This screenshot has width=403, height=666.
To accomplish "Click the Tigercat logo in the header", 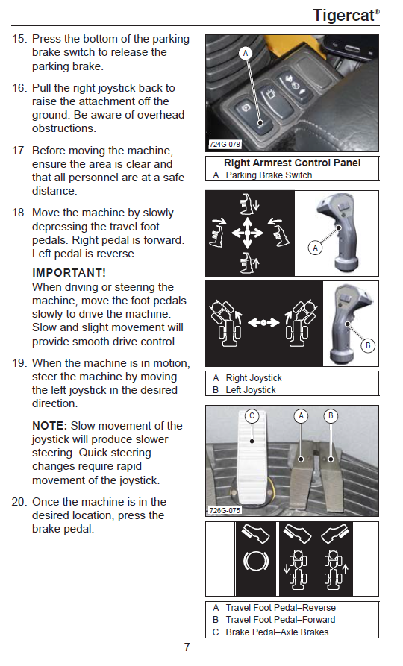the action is (x=346, y=16).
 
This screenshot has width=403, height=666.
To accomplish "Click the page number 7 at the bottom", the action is (x=187, y=647).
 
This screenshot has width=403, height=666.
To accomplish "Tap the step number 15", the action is (x=19, y=39).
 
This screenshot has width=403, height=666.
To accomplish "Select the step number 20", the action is (x=19, y=502).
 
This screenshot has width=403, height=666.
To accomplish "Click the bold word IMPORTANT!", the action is (x=69, y=273).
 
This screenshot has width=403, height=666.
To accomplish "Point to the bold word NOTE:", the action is (x=50, y=426).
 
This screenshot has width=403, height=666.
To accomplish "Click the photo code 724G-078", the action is (x=225, y=145).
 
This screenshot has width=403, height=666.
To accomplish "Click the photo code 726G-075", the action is (x=225, y=510).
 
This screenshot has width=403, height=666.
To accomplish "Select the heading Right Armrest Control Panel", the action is (x=292, y=163).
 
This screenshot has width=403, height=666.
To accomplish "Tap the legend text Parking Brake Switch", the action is (x=269, y=175).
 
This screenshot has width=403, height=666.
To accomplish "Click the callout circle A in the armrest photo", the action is (x=246, y=54).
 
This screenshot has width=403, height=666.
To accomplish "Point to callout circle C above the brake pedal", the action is (x=252, y=416).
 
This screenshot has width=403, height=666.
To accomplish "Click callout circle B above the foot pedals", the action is (x=331, y=416).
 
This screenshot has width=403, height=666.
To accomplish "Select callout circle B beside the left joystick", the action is (x=368, y=345).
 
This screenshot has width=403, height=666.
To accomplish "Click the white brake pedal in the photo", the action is (x=252, y=461).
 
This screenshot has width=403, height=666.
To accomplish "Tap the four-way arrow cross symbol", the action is (x=248, y=233).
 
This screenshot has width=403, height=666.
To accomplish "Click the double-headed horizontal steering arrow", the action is (x=263, y=323).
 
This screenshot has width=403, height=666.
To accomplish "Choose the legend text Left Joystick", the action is (x=251, y=390).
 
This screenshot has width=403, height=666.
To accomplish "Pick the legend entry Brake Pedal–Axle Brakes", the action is (x=277, y=632).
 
